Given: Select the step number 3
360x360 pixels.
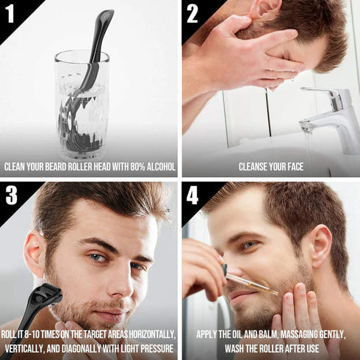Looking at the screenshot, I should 12,195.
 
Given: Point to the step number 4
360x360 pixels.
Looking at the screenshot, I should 193,195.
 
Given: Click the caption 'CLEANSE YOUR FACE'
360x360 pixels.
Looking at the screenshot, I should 270,167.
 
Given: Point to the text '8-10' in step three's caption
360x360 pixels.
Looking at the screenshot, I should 39,334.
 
